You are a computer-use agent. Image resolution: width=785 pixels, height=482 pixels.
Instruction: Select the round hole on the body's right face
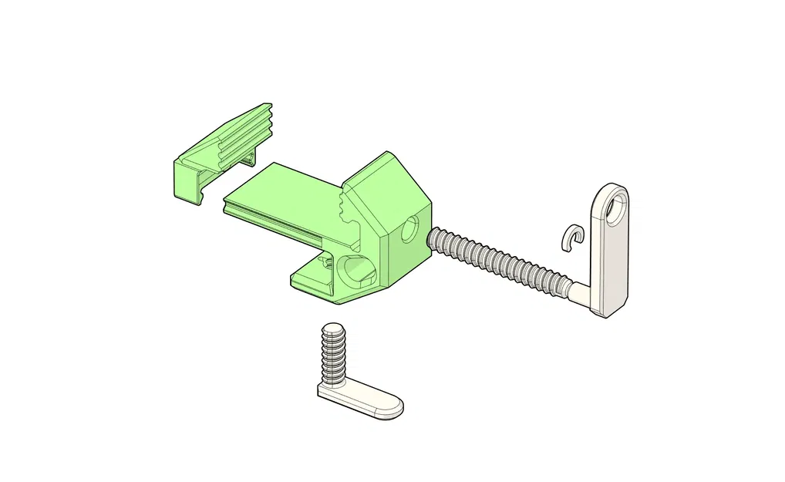click(409, 229)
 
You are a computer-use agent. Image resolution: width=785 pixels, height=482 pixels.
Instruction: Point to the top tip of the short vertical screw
click(332, 327)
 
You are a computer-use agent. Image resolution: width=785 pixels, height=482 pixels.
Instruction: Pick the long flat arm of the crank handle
click(609, 262)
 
